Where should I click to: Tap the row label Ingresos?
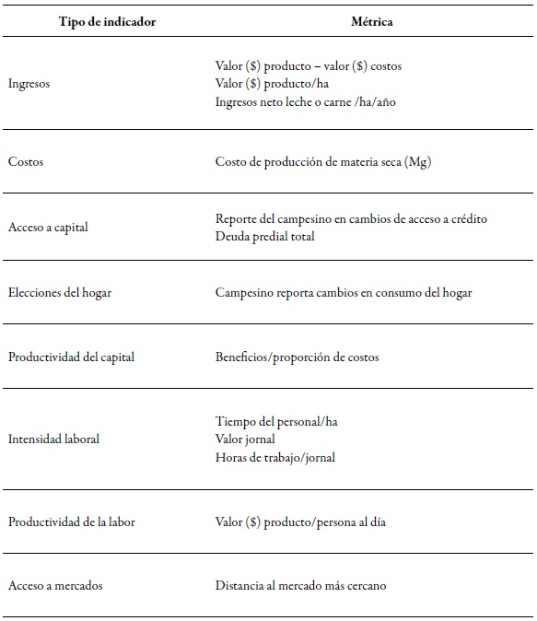coord(29,83)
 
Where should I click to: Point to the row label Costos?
coord(26,162)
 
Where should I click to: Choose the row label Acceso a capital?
coord(48,228)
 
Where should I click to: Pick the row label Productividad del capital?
coord(71,357)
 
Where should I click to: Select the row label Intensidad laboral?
coord(53,439)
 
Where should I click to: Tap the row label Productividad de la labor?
coord(72,521)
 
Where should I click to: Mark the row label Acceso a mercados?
coord(55,586)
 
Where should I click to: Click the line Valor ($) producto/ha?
coord(267,83)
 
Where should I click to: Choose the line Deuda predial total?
coord(264,236)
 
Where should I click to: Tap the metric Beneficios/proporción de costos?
coord(297,357)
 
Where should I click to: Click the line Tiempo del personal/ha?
coord(276,422)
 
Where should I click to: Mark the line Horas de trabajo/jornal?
coord(274,457)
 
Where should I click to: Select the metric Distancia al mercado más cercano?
coord(301,586)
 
